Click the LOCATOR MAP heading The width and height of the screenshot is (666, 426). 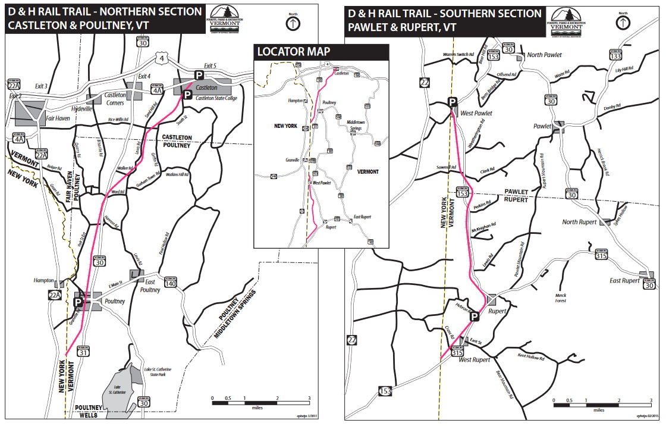click(x=293, y=52)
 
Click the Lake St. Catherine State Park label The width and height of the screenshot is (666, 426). click(x=153, y=373)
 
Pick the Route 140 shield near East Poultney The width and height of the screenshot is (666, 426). click(x=171, y=284)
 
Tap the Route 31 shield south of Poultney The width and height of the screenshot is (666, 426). click(x=84, y=352)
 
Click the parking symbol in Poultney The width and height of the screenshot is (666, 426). click(x=77, y=303)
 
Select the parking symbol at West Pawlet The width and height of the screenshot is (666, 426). click(x=453, y=102)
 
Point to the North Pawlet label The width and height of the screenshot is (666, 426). click(x=545, y=55)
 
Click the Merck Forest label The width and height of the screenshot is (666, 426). click(x=561, y=298)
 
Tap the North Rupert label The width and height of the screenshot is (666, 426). click(x=579, y=223)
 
